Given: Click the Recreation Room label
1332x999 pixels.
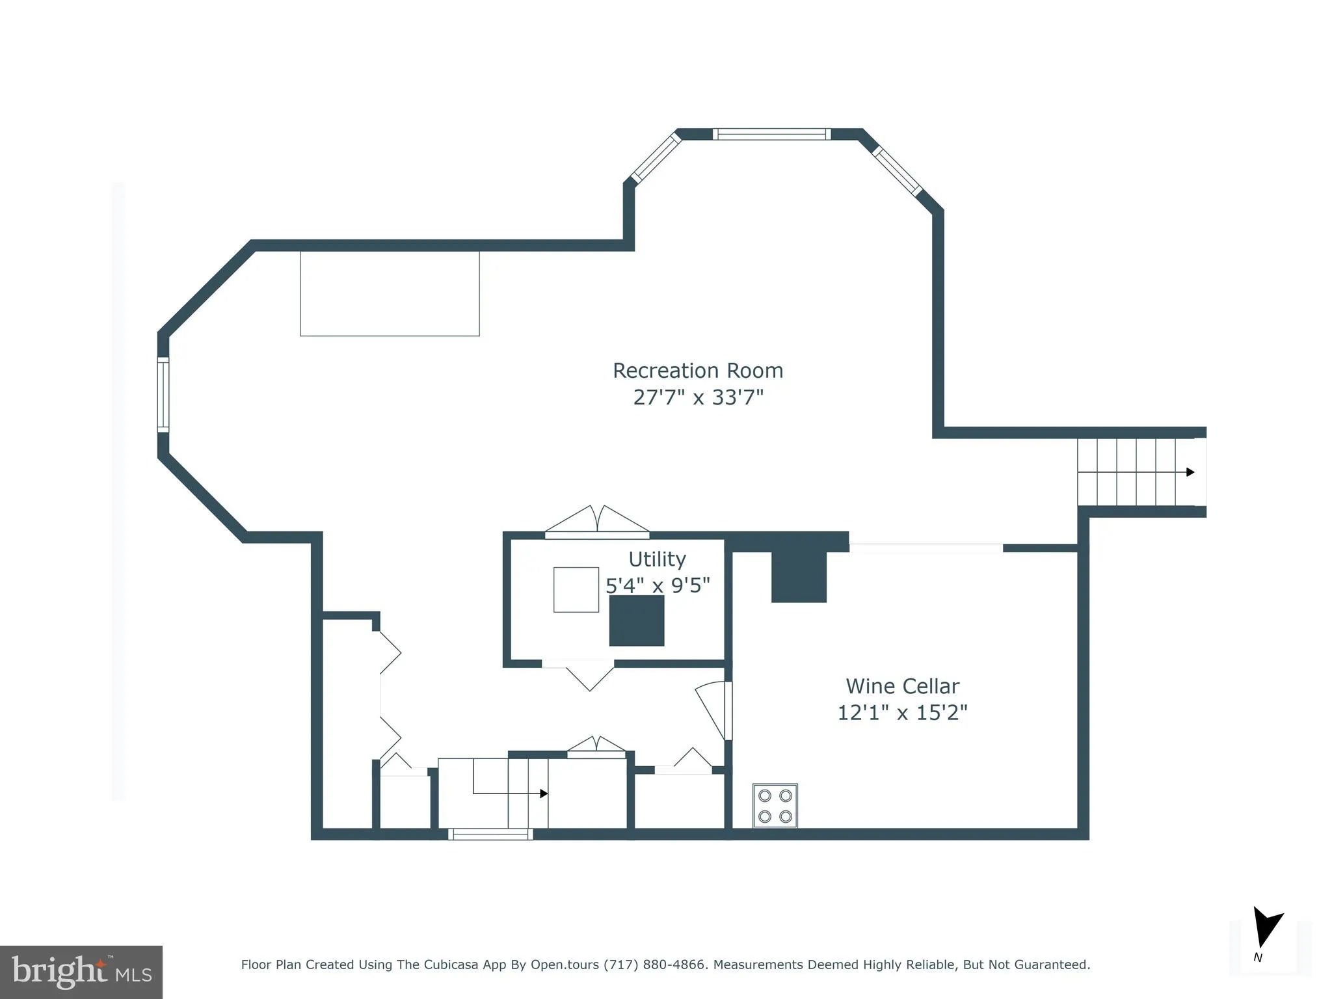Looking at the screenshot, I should point(698,371).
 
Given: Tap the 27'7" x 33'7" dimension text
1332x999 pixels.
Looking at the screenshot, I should point(698,397).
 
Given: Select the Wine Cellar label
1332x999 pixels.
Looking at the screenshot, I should point(902,686).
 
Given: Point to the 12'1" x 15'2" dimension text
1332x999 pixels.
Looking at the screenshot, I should point(902,713).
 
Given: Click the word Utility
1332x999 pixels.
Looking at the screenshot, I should point(657,559).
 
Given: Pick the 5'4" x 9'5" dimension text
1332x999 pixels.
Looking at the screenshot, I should point(657,585).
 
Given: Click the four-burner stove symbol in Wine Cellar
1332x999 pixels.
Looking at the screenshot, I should point(775,806).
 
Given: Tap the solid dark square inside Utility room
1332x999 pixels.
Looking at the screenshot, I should point(636,620).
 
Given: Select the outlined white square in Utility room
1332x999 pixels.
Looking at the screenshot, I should point(576,589).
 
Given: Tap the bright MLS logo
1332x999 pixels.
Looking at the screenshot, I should point(81,972).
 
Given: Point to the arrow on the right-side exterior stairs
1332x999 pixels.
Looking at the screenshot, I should point(1190,472).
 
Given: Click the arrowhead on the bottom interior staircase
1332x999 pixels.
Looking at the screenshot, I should point(544,793).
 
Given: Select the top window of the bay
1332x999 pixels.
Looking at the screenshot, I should point(771,135).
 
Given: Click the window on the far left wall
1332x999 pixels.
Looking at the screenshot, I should point(163,394).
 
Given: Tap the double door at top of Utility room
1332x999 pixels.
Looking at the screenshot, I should point(597,522).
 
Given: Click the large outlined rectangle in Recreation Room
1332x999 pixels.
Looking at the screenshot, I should point(390,293).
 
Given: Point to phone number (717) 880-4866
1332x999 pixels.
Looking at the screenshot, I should point(654,965).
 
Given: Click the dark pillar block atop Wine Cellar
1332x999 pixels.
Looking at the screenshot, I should point(799,576).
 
